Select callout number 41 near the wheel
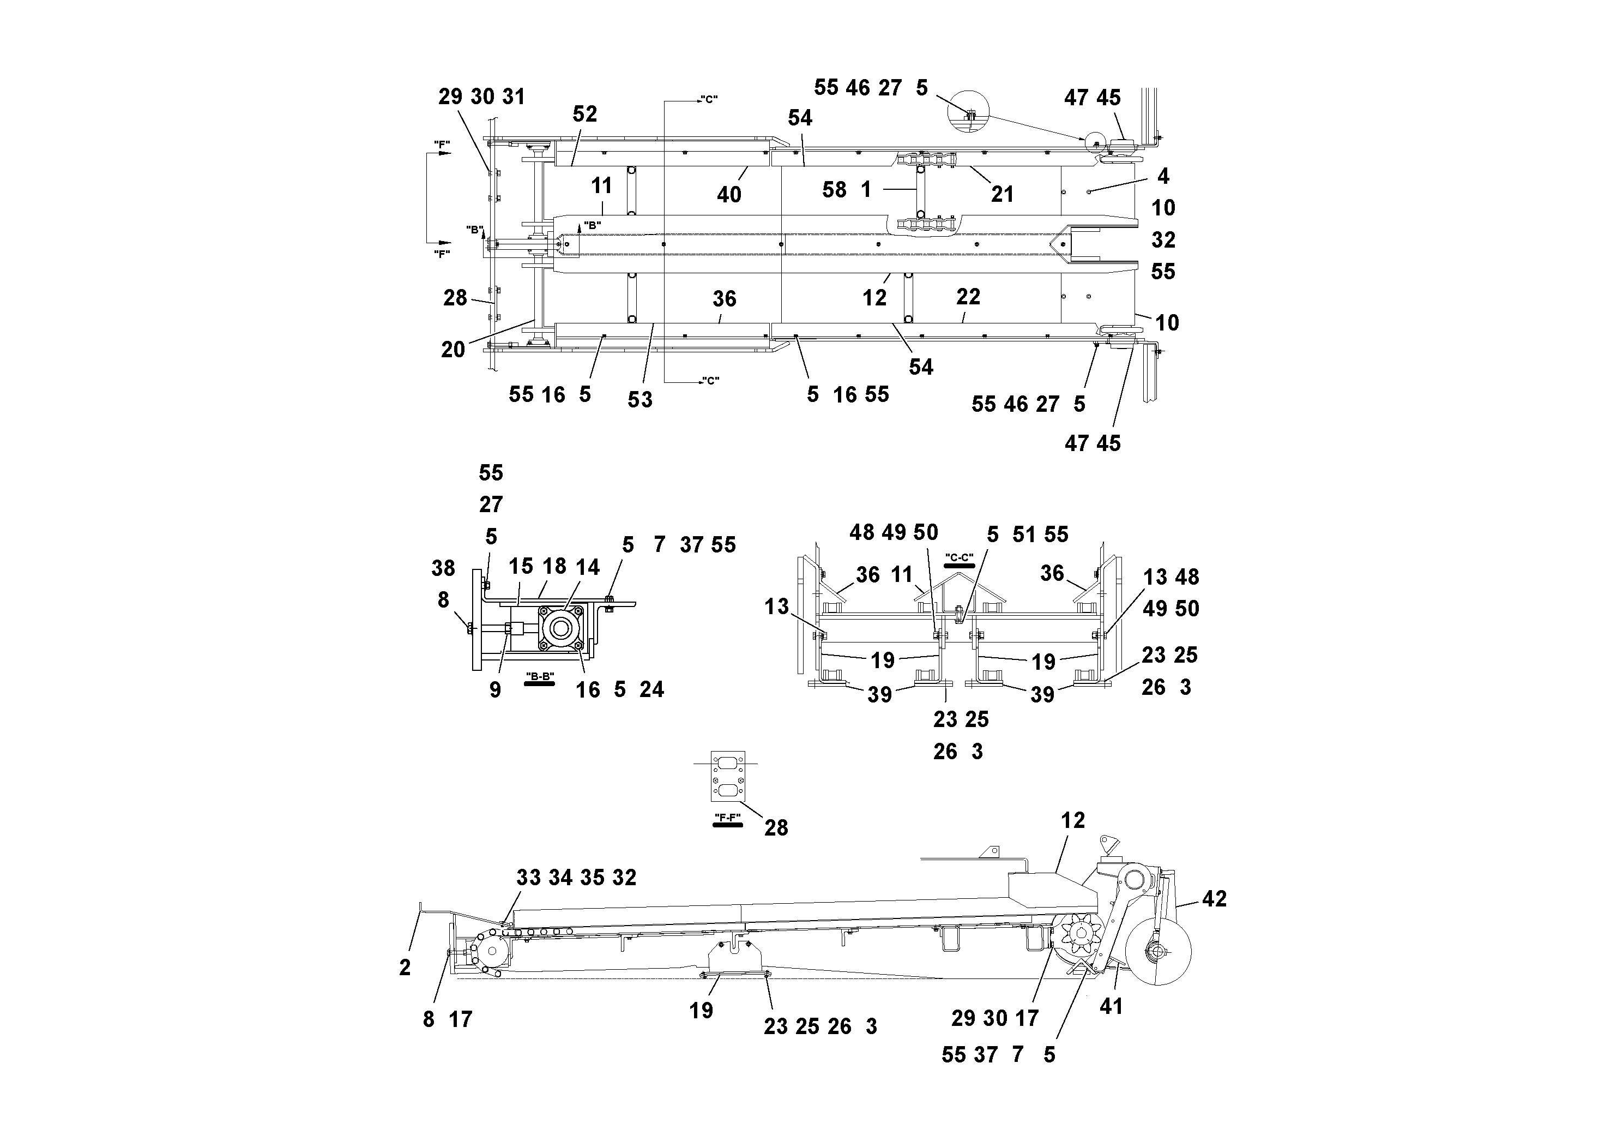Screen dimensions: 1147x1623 [1111, 1006]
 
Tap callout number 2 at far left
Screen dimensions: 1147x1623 [405, 968]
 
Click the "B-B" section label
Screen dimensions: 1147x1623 [540, 677]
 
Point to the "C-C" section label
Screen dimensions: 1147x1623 [959, 558]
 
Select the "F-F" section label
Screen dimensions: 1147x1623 [727, 818]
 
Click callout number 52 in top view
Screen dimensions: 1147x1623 [584, 114]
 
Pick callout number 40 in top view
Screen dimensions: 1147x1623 [729, 195]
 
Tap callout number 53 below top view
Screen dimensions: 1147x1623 [639, 400]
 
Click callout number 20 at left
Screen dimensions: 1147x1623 [453, 349]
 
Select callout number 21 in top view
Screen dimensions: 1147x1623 [1001, 194]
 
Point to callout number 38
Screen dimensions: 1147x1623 [443, 568]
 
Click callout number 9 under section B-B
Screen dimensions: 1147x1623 [495, 690]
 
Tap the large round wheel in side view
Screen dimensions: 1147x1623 [1159, 952]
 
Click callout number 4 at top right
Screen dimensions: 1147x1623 [1163, 176]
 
